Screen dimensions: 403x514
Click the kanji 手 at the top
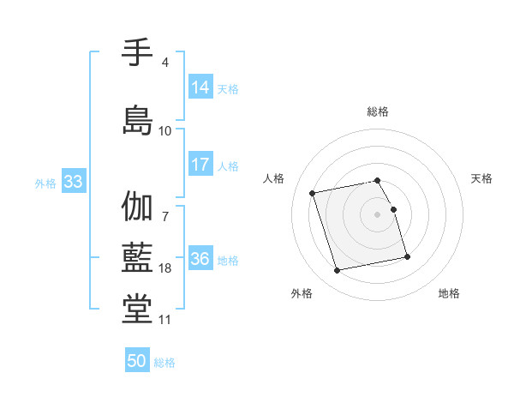point(137,53)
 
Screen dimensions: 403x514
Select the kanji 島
point(137,118)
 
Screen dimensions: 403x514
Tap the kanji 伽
point(137,207)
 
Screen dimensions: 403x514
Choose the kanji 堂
point(137,306)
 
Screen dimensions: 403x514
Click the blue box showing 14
point(200,87)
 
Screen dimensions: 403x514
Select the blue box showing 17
point(200,165)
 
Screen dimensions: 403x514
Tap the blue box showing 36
point(200,259)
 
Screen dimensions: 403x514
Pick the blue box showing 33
point(73,182)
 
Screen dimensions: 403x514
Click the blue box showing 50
point(137,361)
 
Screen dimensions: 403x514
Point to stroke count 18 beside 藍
point(165,268)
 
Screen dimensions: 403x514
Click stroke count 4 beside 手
point(165,63)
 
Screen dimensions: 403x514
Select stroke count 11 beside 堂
point(165,320)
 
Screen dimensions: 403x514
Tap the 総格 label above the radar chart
point(378,111)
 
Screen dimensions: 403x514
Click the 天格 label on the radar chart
point(481,178)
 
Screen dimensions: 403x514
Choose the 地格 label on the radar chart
point(449,293)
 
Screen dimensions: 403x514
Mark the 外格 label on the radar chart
point(302,293)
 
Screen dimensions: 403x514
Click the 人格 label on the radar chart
point(274,178)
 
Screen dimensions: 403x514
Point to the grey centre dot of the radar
point(378,214)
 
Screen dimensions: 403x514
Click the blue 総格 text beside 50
point(164,363)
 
